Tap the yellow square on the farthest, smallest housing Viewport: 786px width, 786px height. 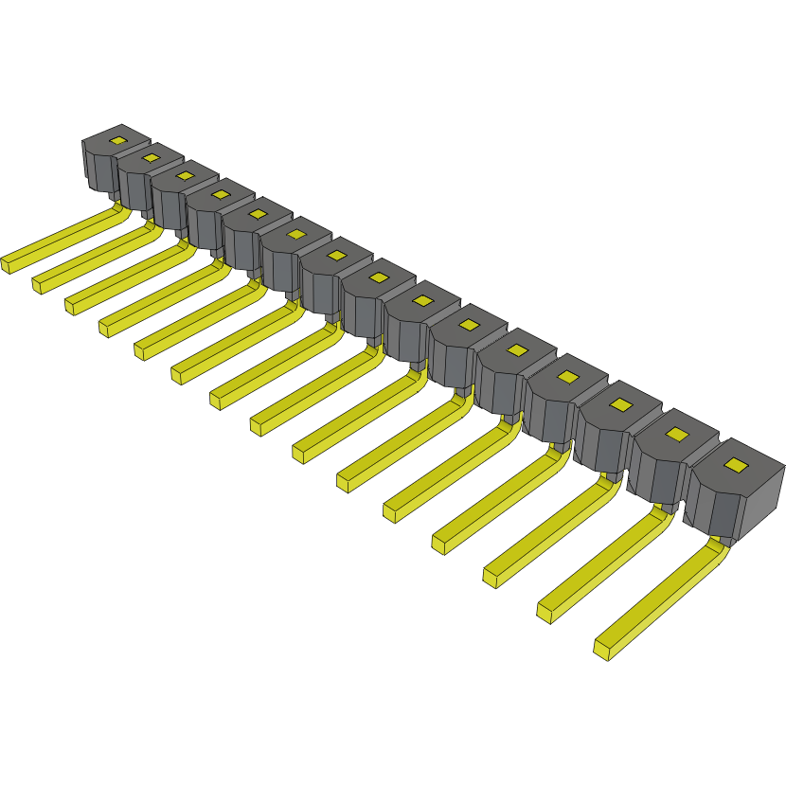coord(117,140)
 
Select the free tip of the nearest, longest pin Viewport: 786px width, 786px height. coord(603,650)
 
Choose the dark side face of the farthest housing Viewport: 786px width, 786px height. coord(98,170)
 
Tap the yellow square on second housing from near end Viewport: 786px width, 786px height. coord(676,434)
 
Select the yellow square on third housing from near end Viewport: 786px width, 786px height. coord(620,405)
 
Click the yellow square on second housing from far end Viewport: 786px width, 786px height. coord(149,157)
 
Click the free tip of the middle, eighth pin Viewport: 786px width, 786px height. coord(258,425)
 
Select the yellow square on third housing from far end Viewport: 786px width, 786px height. coord(184,175)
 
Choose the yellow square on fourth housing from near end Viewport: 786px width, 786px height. coord(567,377)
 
